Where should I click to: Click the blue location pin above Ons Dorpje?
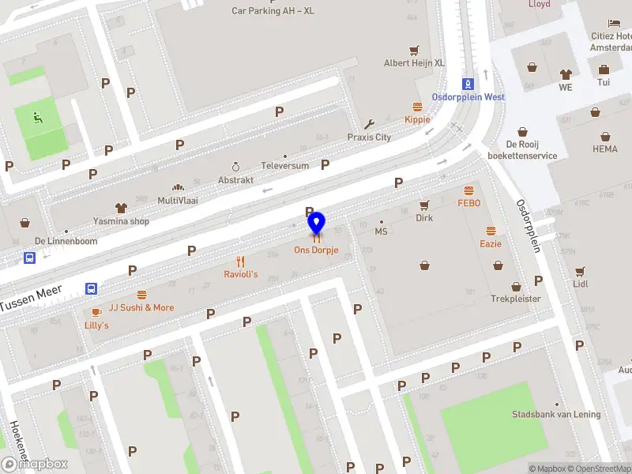click(316, 222)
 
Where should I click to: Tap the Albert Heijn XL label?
click(414, 62)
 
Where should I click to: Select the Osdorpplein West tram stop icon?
click(468, 84)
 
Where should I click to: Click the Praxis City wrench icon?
click(369, 124)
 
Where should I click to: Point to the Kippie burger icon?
click(417, 107)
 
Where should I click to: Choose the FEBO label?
click(468, 203)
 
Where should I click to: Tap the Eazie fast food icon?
click(491, 231)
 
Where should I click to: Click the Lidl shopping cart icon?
click(581, 271)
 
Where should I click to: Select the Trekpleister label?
click(516, 299)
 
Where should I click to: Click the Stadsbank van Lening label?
click(556, 415)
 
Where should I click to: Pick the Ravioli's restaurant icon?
click(241, 261)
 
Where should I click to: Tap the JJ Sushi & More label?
click(141, 308)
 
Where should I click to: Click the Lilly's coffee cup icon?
click(96, 313)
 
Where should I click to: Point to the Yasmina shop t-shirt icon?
click(121, 209)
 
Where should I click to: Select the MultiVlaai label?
click(178, 201)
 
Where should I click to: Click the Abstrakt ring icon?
click(235, 167)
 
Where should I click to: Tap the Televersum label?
click(285, 167)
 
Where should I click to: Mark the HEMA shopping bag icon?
click(605, 136)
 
